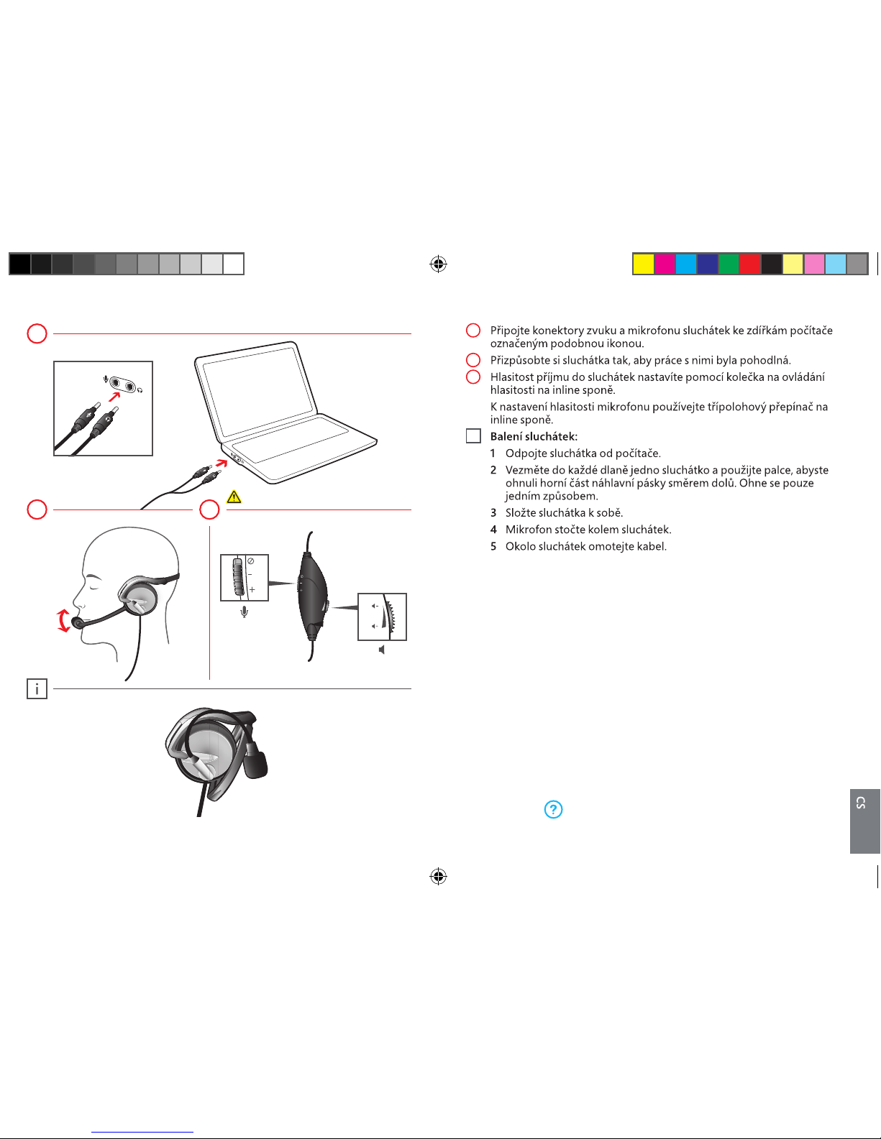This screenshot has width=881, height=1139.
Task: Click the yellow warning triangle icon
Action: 233,497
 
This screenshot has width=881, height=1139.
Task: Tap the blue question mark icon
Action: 553,810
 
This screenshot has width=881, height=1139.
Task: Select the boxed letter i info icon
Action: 37,689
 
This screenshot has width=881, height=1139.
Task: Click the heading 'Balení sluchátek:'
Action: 534,437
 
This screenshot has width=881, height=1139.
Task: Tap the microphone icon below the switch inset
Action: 245,612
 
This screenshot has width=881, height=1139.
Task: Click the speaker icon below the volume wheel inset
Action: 382,650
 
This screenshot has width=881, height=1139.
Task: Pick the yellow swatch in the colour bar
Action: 644,264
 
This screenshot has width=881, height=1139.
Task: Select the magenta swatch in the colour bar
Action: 665,264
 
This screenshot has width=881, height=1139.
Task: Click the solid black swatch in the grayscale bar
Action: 19,264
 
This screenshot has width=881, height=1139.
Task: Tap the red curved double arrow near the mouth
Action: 64,620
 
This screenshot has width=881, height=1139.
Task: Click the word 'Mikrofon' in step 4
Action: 529,530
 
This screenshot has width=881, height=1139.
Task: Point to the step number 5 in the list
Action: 493,546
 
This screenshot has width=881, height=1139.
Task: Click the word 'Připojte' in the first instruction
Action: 510,331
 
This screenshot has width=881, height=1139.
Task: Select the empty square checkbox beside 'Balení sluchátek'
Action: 473,436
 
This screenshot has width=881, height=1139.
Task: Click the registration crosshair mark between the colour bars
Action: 438,264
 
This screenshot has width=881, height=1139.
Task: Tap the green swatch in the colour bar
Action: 729,264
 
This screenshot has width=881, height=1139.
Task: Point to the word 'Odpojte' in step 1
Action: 525,453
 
